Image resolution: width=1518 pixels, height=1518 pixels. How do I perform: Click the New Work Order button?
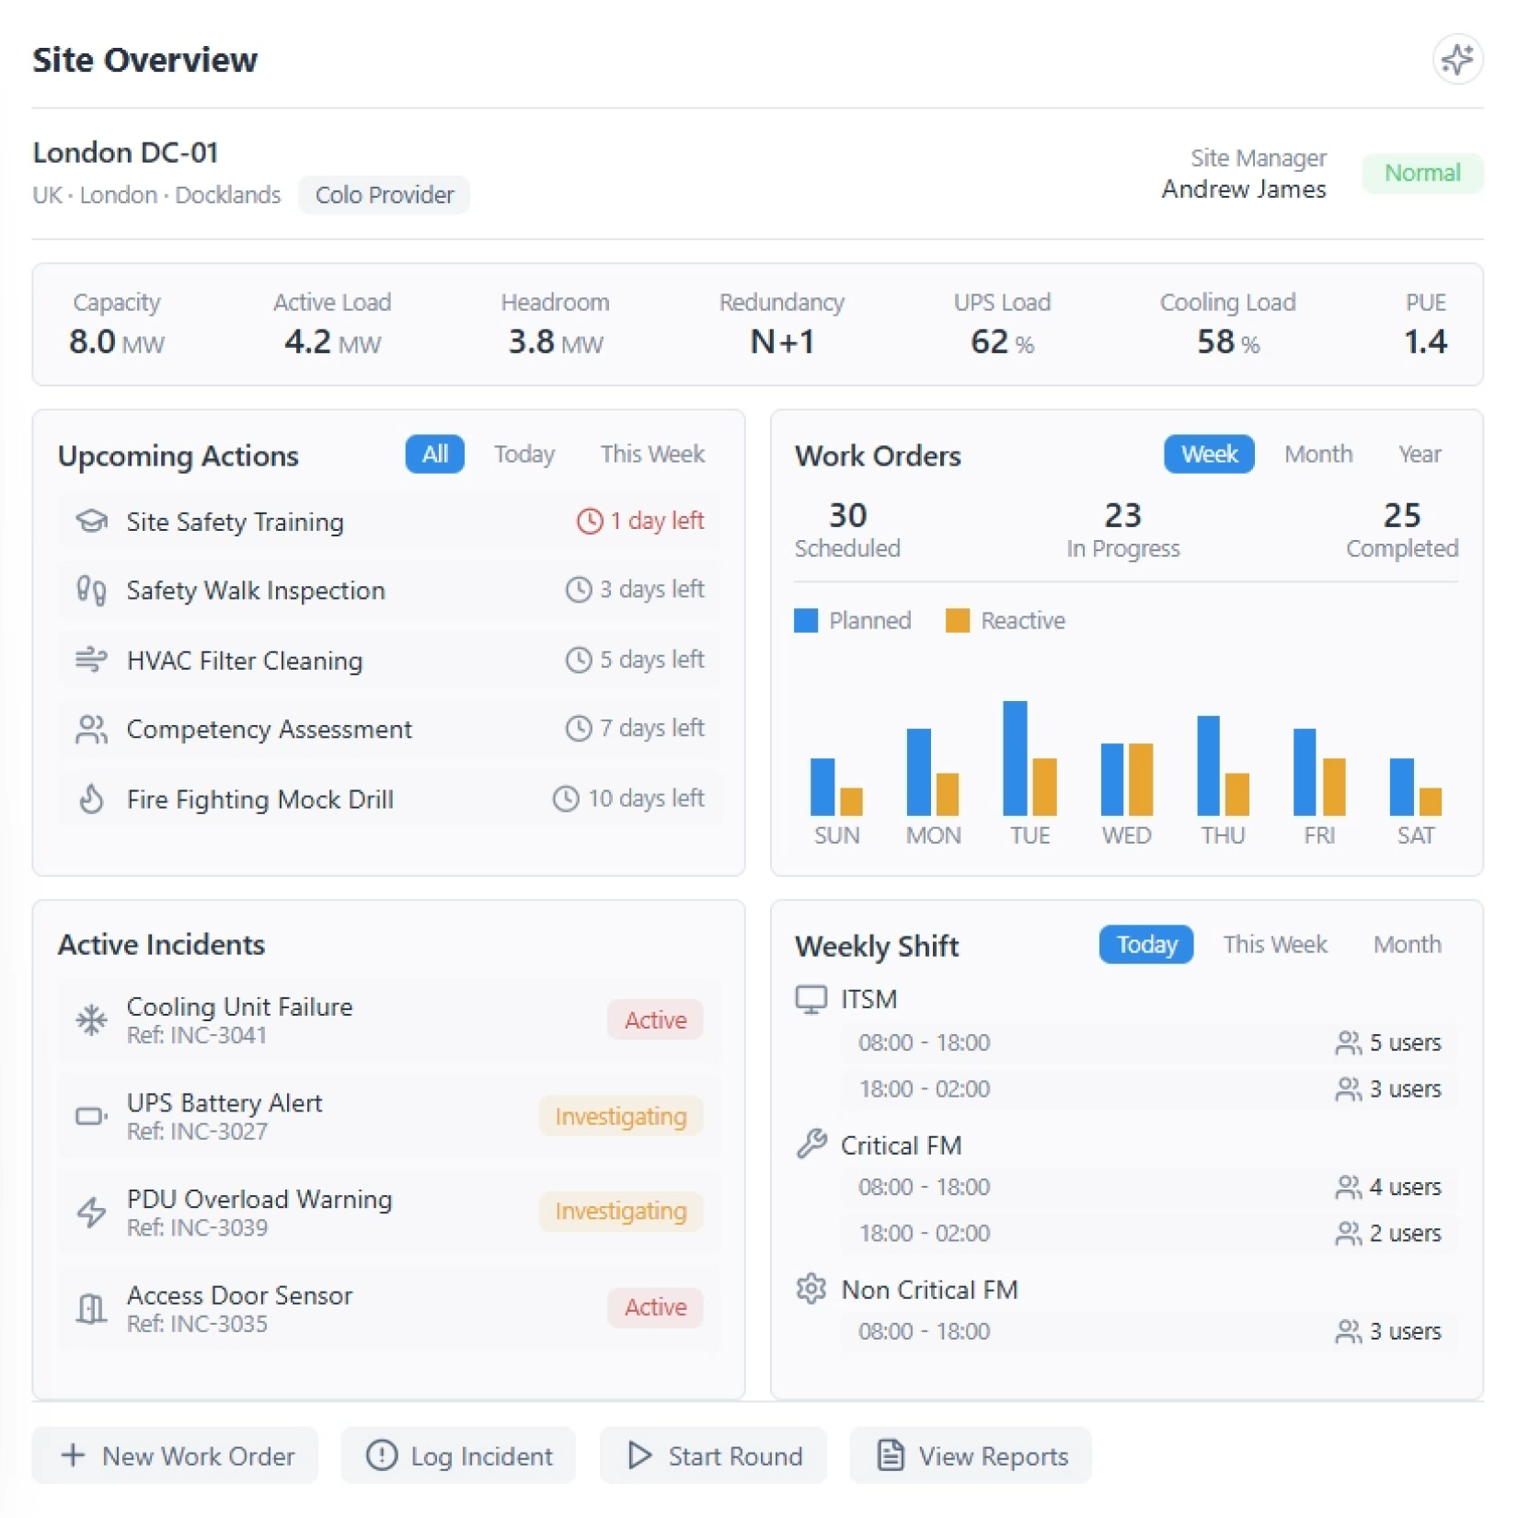tap(176, 1455)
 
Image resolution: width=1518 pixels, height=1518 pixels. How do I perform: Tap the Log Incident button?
tap(458, 1455)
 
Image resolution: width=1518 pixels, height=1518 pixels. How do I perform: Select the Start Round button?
tap(713, 1455)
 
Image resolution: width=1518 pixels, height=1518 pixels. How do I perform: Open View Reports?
tap(971, 1455)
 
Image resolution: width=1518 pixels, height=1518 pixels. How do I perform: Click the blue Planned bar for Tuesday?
tap(1015, 758)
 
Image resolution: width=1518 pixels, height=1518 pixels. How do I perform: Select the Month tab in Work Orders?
tap(1317, 454)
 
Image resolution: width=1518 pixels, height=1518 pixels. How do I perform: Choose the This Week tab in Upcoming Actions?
tap(652, 454)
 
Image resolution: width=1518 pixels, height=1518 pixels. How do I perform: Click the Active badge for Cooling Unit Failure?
tap(655, 1019)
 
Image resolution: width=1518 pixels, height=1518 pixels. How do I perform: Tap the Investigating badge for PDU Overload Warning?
tap(621, 1211)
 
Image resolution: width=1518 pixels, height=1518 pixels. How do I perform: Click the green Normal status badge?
tap(1421, 173)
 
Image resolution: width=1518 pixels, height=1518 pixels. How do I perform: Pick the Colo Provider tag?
tap(384, 195)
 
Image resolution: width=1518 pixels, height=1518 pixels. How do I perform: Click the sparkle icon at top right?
tap(1456, 60)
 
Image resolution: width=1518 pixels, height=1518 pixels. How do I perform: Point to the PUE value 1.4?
tap(1425, 342)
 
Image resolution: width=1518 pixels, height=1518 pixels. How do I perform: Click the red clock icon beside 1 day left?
tap(589, 521)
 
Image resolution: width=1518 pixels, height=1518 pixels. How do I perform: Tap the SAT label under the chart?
tap(1415, 835)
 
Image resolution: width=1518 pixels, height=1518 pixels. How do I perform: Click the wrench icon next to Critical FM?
tap(811, 1144)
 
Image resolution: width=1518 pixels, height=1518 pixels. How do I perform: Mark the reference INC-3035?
tap(197, 1324)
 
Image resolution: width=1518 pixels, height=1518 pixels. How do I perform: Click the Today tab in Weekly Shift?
tap(1145, 945)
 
